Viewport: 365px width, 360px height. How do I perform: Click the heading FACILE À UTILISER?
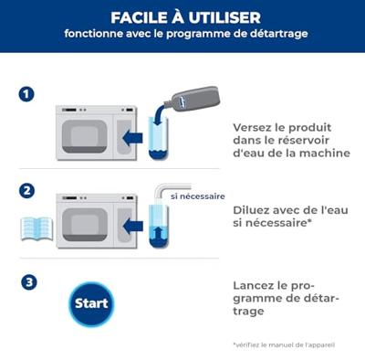pyautogui.click(x=185, y=17)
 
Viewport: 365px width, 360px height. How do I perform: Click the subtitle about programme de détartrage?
pyautogui.click(x=185, y=35)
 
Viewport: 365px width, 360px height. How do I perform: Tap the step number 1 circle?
pyautogui.click(x=27, y=94)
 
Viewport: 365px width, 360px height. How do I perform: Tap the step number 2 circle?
pyautogui.click(x=27, y=191)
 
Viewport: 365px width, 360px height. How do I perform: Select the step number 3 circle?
pyautogui.click(x=27, y=282)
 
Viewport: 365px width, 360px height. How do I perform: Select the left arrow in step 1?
pyautogui.click(x=134, y=138)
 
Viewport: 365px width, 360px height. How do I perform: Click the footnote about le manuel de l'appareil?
pyautogui.click(x=283, y=344)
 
